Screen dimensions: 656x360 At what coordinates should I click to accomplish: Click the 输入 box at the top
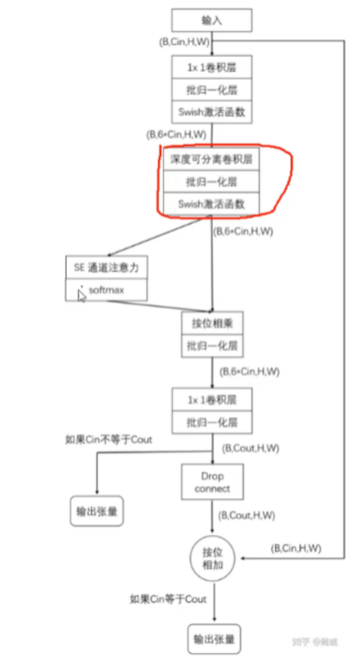pos(212,18)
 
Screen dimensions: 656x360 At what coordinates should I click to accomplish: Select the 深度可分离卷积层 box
pos(212,159)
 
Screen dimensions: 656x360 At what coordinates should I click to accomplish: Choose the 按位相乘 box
pos(212,323)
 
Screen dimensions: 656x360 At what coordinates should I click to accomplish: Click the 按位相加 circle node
pos(212,559)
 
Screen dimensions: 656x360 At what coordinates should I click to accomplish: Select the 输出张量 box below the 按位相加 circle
pos(212,637)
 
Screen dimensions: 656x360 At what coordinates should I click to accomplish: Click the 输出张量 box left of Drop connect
pos(96,511)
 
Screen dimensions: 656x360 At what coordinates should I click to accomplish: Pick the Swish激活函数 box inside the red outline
pos(212,202)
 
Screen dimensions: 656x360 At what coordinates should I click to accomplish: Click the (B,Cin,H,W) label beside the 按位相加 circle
pos(296,548)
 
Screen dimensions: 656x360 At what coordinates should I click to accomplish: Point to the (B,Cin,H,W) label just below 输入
pos(184,43)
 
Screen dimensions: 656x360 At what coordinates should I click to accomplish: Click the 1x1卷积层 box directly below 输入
pos(212,67)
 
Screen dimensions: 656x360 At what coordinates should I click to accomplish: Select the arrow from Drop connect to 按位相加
pos(212,520)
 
